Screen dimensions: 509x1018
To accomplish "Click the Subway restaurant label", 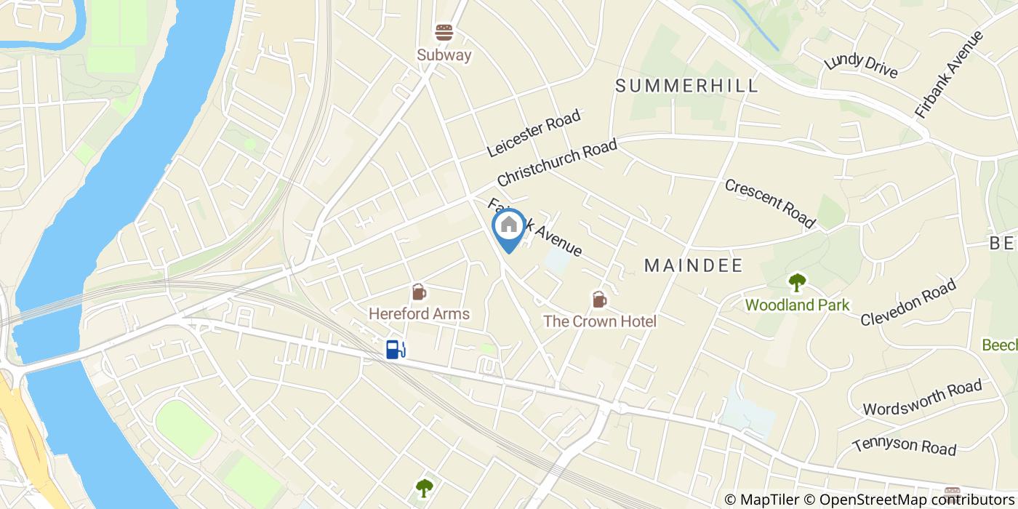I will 444,55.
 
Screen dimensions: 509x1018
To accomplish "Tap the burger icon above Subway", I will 444,33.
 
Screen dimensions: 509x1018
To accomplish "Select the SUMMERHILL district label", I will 686,85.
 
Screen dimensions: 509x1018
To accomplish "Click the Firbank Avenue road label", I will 948,75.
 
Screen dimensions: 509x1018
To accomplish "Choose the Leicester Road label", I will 534,133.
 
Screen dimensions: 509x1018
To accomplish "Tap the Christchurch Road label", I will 557,162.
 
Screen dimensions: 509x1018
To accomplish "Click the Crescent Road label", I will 769,202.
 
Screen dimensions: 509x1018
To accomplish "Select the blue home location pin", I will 509,227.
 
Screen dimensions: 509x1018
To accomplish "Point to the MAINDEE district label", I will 694,266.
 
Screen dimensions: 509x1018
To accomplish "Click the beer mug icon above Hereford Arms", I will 419,292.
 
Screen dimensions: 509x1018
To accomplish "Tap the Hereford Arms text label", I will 419,314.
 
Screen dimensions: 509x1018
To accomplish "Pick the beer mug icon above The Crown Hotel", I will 599,299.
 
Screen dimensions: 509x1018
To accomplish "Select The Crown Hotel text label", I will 599,321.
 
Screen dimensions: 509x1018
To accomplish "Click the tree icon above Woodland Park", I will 797,282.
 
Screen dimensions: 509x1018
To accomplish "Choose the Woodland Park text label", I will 797,305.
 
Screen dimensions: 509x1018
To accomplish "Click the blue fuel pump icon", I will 395,350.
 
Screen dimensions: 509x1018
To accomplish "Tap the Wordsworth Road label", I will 921,398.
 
